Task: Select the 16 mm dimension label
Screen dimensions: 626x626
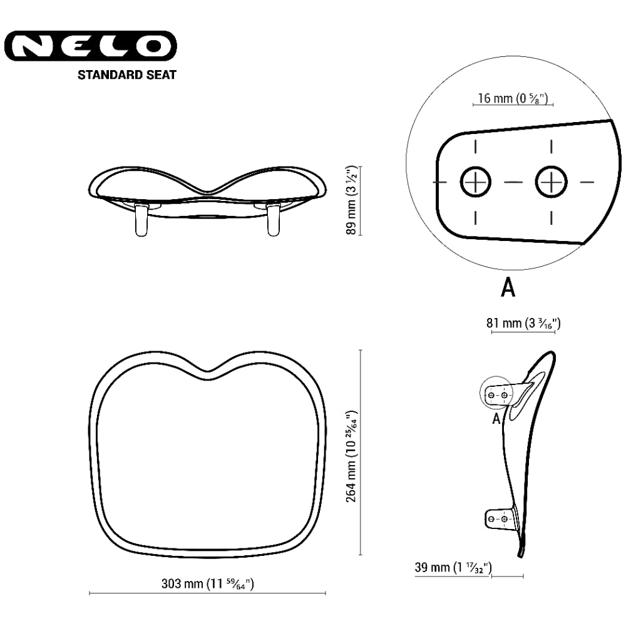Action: [x=513, y=98]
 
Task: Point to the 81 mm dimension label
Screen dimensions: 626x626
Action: [x=523, y=324]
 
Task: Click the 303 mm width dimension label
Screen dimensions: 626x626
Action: [x=207, y=584]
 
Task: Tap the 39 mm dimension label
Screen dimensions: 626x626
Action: [x=453, y=568]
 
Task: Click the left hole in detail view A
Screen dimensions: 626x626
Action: [x=476, y=182]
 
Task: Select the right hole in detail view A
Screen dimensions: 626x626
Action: [x=551, y=182]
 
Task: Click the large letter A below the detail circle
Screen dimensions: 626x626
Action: [x=508, y=287]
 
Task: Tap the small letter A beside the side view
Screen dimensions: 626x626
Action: [x=496, y=419]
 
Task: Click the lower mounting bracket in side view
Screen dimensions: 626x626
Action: [x=501, y=518]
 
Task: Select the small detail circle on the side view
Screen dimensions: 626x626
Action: [x=496, y=393]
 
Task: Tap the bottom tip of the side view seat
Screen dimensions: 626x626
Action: [x=519, y=553]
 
